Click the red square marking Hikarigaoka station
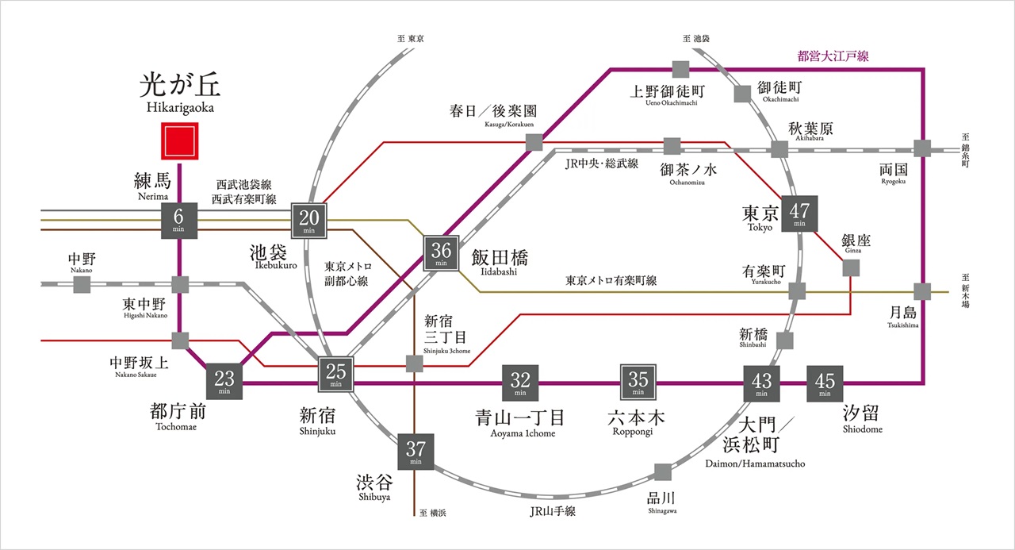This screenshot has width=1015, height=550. (178, 141)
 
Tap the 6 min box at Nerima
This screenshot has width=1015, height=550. (178, 219)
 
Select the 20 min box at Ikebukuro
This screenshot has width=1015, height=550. (309, 219)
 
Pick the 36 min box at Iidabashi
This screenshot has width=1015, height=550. (441, 252)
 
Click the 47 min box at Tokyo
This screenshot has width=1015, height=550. (799, 213)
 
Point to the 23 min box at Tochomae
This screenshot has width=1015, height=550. (224, 382)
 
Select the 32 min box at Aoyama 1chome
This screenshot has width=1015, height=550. (520, 383)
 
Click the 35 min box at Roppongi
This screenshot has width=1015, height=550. (638, 383)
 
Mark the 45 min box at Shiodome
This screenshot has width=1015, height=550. (825, 383)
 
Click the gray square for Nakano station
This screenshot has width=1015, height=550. (81, 284)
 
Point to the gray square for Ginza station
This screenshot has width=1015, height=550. (852, 268)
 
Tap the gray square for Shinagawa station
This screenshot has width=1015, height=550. (663, 472)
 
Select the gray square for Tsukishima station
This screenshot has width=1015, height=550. (922, 292)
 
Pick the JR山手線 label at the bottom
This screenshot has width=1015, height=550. (553, 511)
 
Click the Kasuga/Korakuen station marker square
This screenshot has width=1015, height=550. (534, 142)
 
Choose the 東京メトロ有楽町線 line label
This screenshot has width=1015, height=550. (611, 280)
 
